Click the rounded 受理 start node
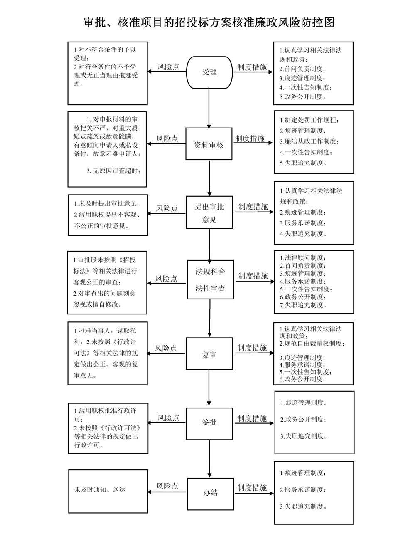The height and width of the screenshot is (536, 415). pyautogui.click(x=209, y=72)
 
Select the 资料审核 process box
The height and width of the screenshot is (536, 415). pyautogui.click(x=209, y=143)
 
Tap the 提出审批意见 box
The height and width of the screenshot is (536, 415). pyautogui.click(x=209, y=212)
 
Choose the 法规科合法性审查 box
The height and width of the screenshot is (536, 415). pyautogui.click(x=210, y=279)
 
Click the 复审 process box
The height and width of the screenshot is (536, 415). pyautogui.click(x=209, y=353)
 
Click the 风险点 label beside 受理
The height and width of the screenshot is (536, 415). pyautogui.click(x=168, y=67)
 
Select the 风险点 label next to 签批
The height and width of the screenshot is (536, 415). pyautogui.click(x=168, y=418)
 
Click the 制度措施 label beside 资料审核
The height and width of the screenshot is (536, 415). pyautogui.click(x=250, y=138)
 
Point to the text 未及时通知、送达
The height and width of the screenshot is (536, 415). pyautogui.click(x=100, y=489)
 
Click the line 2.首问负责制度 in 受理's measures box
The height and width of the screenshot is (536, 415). pyautogui.click(x=302, y=69)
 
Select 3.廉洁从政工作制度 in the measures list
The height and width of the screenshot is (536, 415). pyautogui.click(x=309, y=141)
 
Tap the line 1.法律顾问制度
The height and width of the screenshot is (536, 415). pyautogui.click(x=302, y=258)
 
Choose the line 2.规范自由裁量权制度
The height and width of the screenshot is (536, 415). pyautogui.click(x=312, y=343)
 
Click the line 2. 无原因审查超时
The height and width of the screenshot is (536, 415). pyautogui.click(x=113, y=170)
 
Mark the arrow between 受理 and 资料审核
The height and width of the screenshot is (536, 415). pyautogui.click(x=209, y=108)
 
